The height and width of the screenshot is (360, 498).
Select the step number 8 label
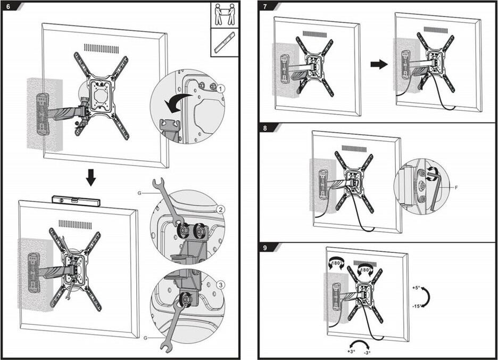click(x=265, y=128)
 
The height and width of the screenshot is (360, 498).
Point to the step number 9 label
click(x=265, y=248)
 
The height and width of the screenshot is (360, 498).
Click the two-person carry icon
click(x=225, y=14)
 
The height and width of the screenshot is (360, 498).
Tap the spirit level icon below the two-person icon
click(x=224, y=42)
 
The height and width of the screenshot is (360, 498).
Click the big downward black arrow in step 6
click(x=91, y=177)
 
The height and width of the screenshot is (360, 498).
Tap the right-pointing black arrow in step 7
click(x=378, y=64)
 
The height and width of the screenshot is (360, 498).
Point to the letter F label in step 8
click(x=456, y=186)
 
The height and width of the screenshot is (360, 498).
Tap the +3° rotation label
click(x=352, y=351)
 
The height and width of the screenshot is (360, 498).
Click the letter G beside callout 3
click(x=145, y=337)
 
